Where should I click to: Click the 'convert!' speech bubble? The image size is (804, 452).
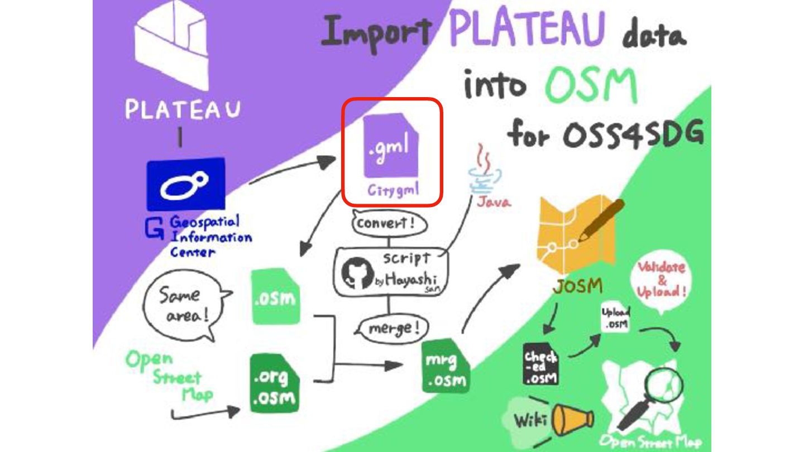[389, 224]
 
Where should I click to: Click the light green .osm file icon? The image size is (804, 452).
[276, 296]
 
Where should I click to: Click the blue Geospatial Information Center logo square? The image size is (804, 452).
[185, 184]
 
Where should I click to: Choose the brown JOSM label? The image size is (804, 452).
[578, 286]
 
